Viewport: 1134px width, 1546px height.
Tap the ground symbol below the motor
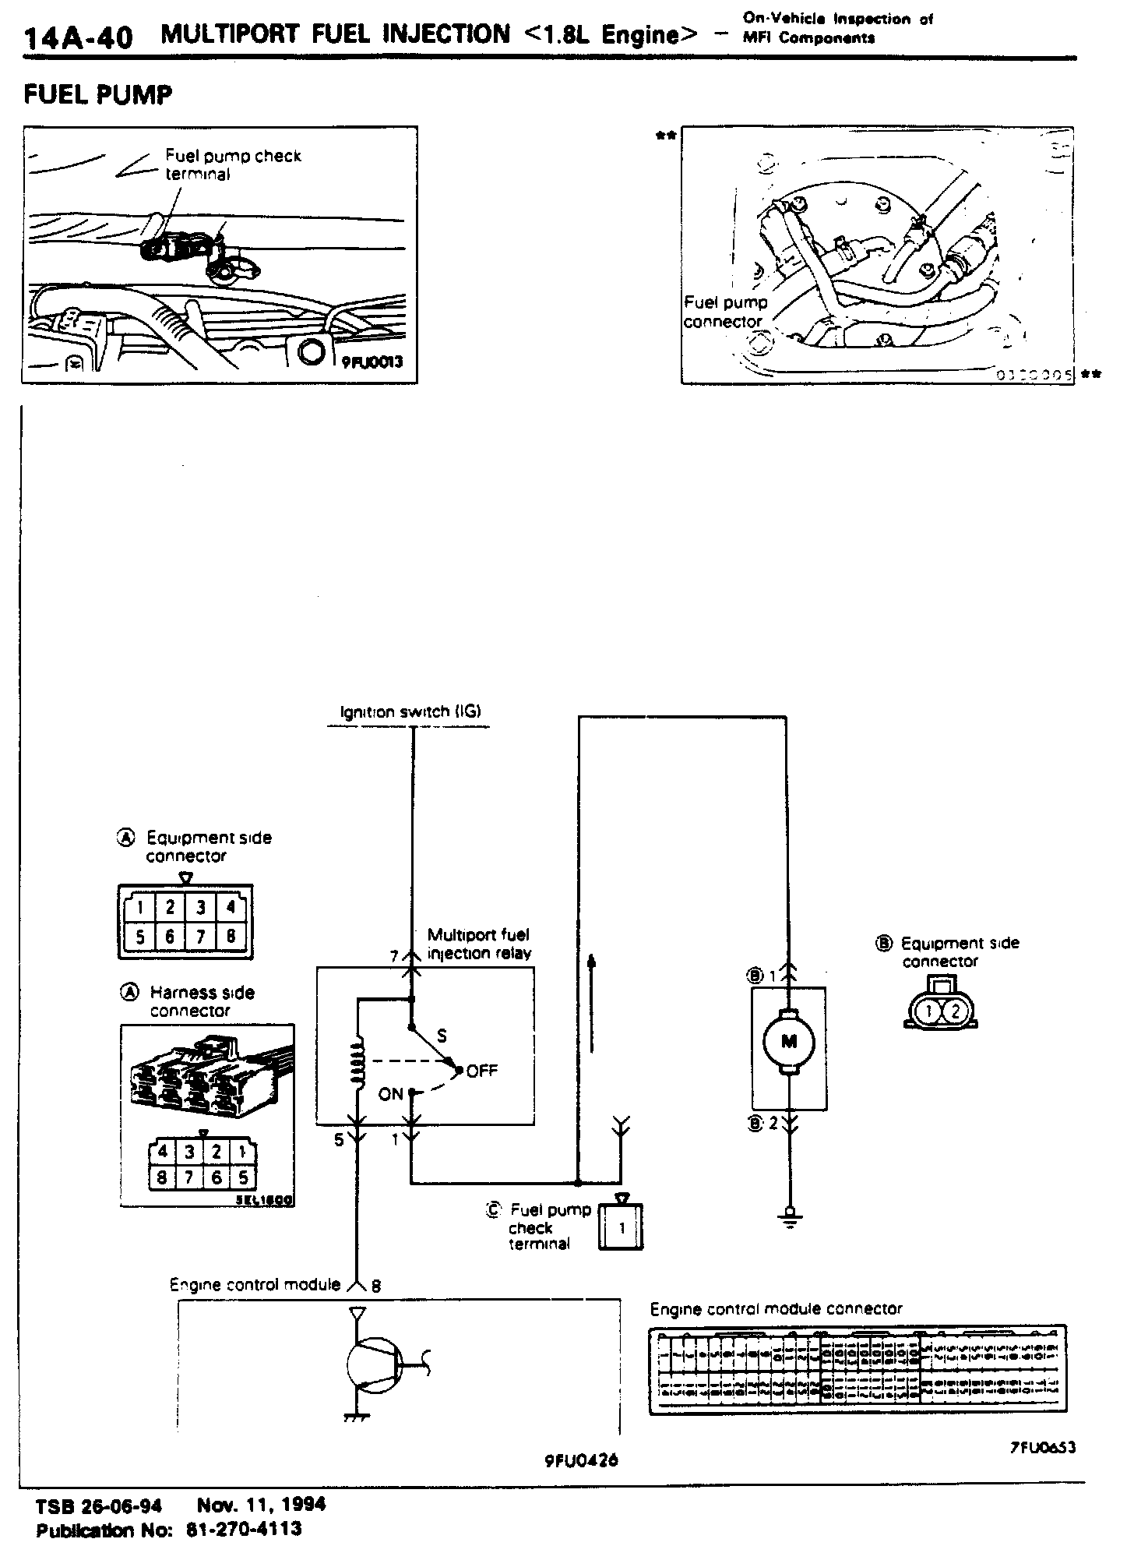click(x=790, y=1216)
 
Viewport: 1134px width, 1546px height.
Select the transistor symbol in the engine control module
click(x=372, y=1368)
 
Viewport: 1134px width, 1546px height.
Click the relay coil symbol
click(x=358, y=1063)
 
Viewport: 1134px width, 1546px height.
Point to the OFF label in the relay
click(x=481, y=1071)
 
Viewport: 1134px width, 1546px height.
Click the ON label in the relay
click(x=391, y=1095)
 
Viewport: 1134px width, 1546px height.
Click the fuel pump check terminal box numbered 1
click(x=621, y=1229)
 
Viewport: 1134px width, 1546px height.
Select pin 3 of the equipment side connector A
click(x=200, y=907)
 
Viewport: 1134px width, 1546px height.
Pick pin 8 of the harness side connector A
click(x=162, y=1177)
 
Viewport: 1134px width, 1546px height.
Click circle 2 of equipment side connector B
click(x=956, y=1012)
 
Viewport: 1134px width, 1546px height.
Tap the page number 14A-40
click(x=78, y=37)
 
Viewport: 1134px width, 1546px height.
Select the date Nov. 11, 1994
click(x=261, y=1503)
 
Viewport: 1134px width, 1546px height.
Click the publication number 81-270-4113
click(x=244, y=1530)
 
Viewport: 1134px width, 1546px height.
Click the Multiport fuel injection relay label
click(x=479, y=944)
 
